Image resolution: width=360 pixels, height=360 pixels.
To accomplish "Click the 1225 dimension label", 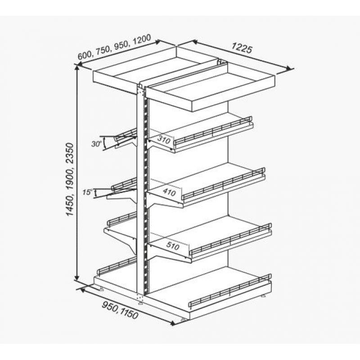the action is coord(242,48).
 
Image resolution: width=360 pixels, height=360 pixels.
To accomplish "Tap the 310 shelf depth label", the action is coord(164,139).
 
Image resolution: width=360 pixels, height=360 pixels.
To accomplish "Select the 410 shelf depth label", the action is coord(169,192).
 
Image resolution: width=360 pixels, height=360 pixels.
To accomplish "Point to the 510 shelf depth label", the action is coord(172,246).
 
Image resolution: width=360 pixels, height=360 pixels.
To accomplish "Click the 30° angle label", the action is coord(96,144).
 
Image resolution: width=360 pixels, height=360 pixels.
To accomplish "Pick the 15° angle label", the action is coord(87,192).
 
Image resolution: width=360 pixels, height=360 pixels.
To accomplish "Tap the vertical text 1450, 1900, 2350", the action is coord(70,179).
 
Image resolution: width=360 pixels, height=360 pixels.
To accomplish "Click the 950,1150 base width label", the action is coord(120,310).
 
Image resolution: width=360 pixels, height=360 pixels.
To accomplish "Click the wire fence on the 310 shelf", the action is coord(213,131).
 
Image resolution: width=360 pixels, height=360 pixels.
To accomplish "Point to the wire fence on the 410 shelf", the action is coord(223,183).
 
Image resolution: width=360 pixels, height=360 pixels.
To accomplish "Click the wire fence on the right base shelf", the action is coord(230,291).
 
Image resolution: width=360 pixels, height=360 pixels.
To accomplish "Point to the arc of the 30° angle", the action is coord(104,143).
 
